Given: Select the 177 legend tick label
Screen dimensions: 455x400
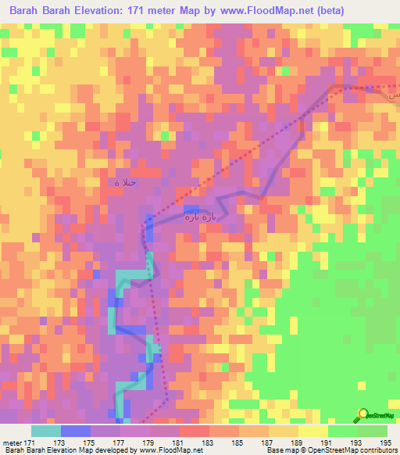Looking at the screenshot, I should [120, 442].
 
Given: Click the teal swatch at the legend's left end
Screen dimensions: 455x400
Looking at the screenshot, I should [45, 431].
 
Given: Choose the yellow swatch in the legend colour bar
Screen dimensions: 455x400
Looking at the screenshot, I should [312, 431].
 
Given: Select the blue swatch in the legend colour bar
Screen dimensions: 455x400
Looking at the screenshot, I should [75, 431].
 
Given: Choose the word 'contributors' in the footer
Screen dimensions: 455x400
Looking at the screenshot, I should [377, 450].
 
